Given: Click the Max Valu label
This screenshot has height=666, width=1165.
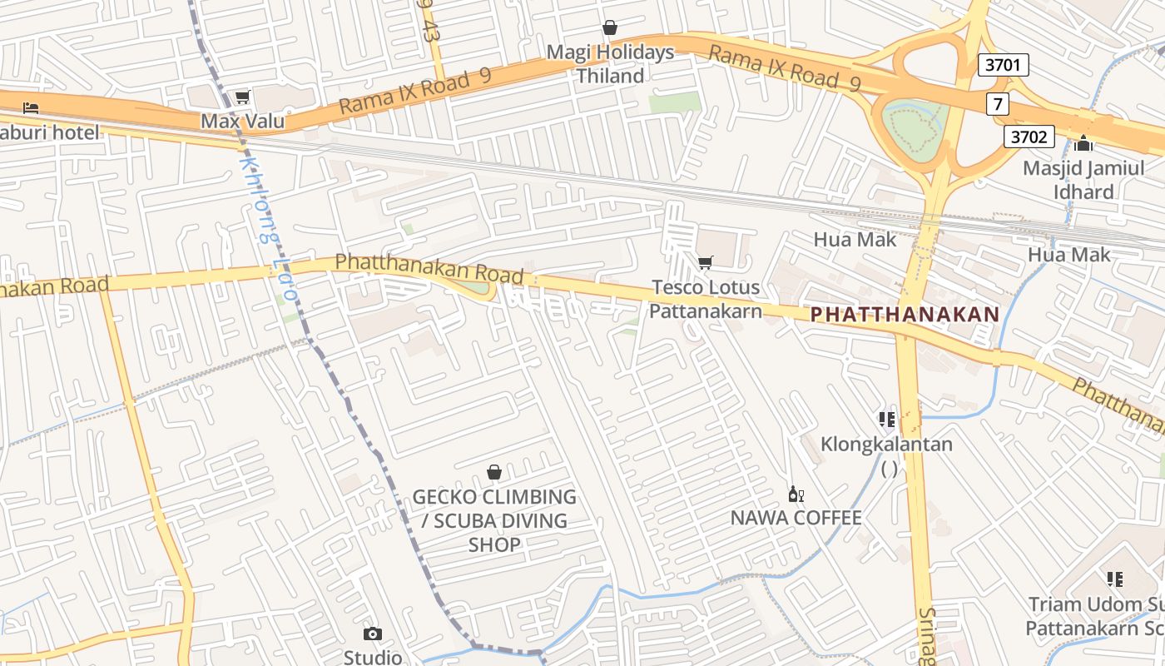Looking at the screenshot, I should tap(242, 122).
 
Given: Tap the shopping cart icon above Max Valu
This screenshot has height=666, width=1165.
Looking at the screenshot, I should tap(242, 97).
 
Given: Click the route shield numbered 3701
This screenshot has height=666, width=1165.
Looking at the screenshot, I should tap(1004, 65).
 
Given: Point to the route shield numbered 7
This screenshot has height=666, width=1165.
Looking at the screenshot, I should tap(997, 104).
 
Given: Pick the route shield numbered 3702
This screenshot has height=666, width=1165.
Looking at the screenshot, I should tap(1029, 136).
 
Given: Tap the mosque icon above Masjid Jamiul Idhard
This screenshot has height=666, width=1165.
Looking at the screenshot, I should tap(1083, 143).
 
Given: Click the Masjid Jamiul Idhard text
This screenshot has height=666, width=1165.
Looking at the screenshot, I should tap(1083, 180).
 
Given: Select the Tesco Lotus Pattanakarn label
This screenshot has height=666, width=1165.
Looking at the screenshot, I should tap(705, 299).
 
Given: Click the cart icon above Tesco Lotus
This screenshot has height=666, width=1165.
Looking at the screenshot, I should tap(705, 263).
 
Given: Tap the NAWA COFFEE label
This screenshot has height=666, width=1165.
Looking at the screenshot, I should tap(796, 518).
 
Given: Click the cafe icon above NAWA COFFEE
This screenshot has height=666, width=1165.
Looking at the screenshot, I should tap(796, 495).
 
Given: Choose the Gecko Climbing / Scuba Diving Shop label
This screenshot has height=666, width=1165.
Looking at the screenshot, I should tap(494, 520).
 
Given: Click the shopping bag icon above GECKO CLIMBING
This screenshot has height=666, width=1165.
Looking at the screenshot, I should tap(494, 472).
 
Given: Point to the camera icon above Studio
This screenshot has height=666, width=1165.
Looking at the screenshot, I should tap(373, 634).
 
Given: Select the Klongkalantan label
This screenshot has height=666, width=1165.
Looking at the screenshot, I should tap(886, 444).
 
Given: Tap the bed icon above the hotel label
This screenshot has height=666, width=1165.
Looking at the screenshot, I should tap(31, 107).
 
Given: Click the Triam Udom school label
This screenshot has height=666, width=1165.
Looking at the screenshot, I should tap(1094, 615).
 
